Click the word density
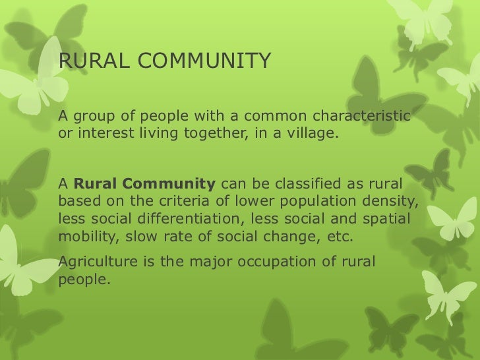click(394, 199)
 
